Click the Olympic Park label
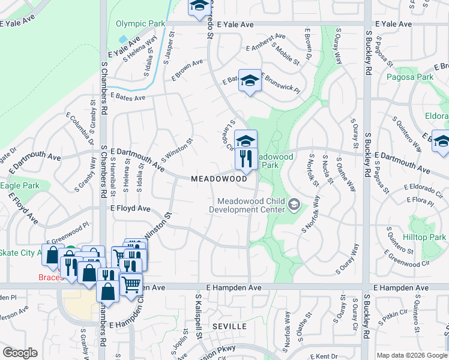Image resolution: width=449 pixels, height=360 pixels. (140, 24)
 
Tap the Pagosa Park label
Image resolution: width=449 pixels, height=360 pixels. (410, 77)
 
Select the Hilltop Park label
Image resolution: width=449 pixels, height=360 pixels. (424, 238)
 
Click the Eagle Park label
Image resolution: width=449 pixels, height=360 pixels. (19, 186)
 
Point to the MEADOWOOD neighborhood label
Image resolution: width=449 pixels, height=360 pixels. (219, 179)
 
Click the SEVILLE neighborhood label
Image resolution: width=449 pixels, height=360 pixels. (229, 326)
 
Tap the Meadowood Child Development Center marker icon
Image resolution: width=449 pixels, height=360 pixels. (294, 205)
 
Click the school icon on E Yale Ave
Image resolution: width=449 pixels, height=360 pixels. (199, 8)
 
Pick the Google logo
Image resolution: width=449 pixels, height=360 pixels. (20, 353)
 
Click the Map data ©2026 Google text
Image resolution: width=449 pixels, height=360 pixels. (412, 355)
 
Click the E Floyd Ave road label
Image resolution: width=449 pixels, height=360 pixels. (130, 208)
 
